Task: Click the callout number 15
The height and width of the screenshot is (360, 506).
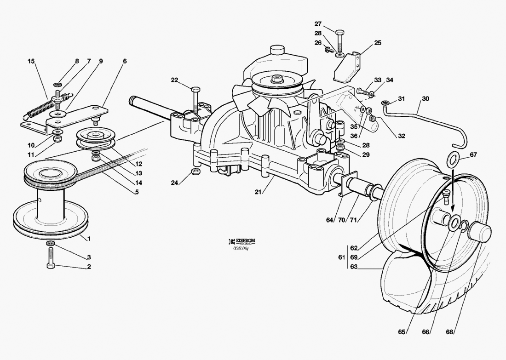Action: coord(31,61)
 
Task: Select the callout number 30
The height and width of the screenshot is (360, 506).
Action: coord(425,98)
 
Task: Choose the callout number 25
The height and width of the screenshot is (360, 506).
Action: coord(378,43)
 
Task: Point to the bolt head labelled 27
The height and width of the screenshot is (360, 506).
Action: coord(339,32)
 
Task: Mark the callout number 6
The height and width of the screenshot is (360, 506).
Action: coord(125,61)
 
